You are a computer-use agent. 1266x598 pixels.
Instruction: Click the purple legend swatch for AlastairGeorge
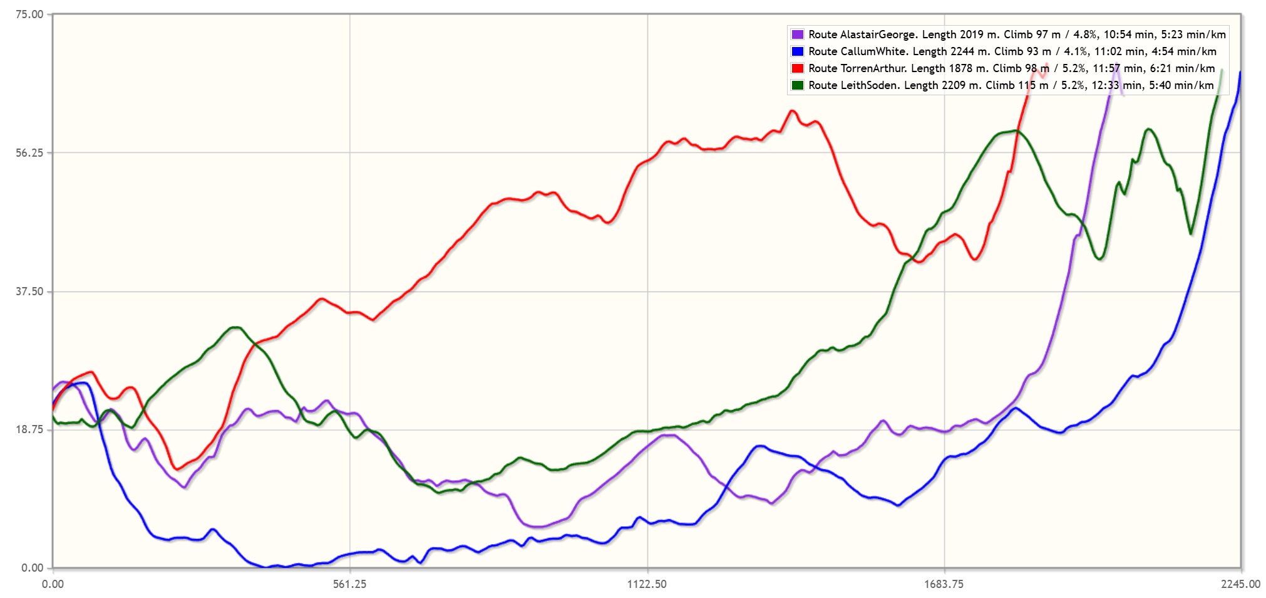pos(797,34)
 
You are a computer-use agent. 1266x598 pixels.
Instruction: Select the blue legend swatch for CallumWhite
pos(797,51)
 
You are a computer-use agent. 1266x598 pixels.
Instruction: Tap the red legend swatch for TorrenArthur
pos(797,68)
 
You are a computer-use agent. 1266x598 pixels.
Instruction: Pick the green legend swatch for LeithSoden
pos(797,85)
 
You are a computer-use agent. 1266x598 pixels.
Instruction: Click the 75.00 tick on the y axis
pos(29,14)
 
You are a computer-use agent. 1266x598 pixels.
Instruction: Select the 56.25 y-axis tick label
pos(29,153)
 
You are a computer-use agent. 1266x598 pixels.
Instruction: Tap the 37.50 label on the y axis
pos(29,291)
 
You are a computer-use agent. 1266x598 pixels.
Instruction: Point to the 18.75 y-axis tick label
pos(29,430)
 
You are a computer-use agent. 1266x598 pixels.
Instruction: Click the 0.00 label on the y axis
pos(32,568)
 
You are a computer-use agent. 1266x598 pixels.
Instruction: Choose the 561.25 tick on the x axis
pos(349,584)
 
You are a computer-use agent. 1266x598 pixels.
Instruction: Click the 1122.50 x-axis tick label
pos(647,584)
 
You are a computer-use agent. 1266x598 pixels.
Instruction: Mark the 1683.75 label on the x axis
pos(944,584)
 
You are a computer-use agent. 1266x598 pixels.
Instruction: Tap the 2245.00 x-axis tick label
pos(1240,584)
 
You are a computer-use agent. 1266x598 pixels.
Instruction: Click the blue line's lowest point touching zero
pos(268,567)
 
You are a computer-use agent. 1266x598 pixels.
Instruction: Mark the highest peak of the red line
pos(1046,65)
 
